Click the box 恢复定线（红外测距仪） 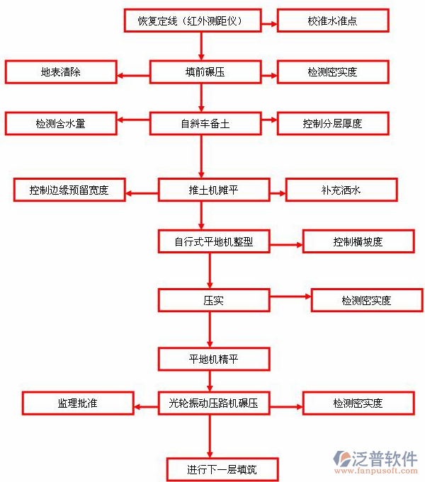click(x=193, y=21)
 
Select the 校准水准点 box click(x=333, y=21)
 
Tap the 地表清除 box click(x=60, y=72)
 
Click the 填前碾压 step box click(x=200, y=72)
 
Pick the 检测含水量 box click(x=60, y=124)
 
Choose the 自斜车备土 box click(x=205, y=124)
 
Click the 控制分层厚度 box click(x=333, y=124)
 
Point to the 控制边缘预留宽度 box click(x=69, y=190)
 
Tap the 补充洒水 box click(x=341, y=190)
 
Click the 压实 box click(x=213, y=301)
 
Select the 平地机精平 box click(x=213, y=359)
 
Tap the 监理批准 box click(x=78, y=403)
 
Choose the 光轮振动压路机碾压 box click(x=213, y=403)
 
